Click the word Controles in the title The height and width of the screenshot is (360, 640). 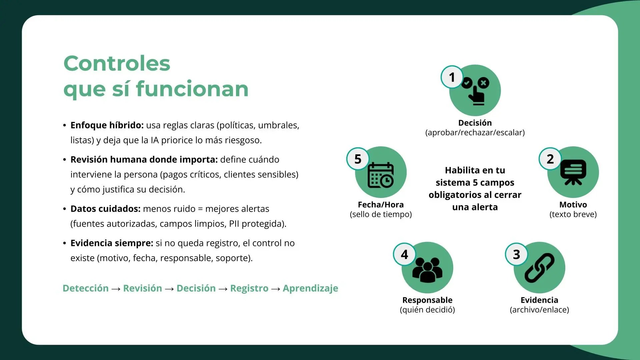[x=117, y=63]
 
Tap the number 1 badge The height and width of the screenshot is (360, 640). [x=452, y=77]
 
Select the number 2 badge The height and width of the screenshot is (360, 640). [x=550, y=159]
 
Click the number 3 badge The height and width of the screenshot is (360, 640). [x=516, y=254]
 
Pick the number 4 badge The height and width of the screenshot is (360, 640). [x=404, y=254]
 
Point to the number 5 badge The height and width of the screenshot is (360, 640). [x=358, y=159]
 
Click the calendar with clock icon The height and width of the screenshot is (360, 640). [x=381, y=175]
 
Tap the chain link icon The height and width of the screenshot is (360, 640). [x=539, y=268]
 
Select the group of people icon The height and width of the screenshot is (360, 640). [x=427, y=270]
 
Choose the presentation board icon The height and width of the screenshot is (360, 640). [x=573, y=172]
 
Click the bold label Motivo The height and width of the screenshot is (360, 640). [x=573, y=204]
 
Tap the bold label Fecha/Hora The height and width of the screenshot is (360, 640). [x=381, y=204]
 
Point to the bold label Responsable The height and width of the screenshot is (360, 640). [x=427, y=300]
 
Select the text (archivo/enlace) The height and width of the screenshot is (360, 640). [x=539, y=310]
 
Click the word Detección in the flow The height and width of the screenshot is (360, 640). [x=86, y=288]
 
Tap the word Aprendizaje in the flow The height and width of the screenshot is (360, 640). [x=310, y=288]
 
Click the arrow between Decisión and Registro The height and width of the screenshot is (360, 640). [x=223, y=289]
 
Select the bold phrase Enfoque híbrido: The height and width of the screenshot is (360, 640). [x=107, y=125]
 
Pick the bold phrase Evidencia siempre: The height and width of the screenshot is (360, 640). [x=112, y=243]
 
